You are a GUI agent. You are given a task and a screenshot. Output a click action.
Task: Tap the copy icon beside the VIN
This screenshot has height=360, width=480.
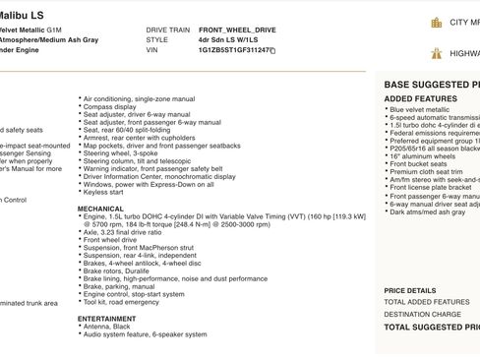tap(272, 50)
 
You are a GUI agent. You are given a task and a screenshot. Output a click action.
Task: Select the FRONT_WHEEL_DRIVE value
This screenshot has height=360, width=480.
tap(237, 30)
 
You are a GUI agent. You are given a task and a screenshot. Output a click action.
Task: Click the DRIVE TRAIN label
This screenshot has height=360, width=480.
tap(167, 30)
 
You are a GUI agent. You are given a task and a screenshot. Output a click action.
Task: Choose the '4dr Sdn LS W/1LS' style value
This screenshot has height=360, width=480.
tap(229, 40)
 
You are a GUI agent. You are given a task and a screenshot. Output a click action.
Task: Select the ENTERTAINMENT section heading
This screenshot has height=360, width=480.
tap(107, 319)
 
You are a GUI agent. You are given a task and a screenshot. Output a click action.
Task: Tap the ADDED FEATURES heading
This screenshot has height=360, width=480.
tap(420, 99)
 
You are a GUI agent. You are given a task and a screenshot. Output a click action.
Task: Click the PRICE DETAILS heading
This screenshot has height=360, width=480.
tap(409, 291)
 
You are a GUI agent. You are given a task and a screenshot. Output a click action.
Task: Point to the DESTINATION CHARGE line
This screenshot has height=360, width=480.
tap(422, 315)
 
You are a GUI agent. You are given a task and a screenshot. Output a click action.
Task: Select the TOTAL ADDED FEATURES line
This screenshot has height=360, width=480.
tap(427, 302)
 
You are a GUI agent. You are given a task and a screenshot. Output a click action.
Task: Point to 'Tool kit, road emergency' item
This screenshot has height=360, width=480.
tap(121, 301)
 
